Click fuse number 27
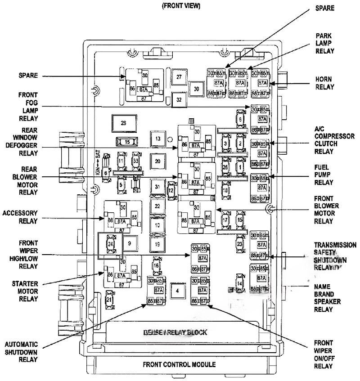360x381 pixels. pyautogui.click(x=179, y=77)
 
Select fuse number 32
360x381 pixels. pyautogui.click(x=179, y=99)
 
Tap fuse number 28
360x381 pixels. pyautogui.click(x=123, y=122)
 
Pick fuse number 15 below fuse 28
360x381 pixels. pyautogui.click(x=127, y=142)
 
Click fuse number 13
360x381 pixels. pyautogui.click(x=157, y=139)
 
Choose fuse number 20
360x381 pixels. pyautogui.click(x=157, y=161)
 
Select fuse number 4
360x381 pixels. pyautogui.click(x=178, y=291)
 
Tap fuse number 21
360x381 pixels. pyautogui.click(x=108, y=300)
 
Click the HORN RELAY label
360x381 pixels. pyautogui.click(x=324, y=83)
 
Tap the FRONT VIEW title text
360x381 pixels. pyautogui.click(x=181, y=6)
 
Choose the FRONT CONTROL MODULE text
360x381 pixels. pyautogui.click(x=179, y=364)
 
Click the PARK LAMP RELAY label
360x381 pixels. pyautogui.click(x=324, y=43)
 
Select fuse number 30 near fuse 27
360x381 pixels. pyautogui.click(x=196, y=89)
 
